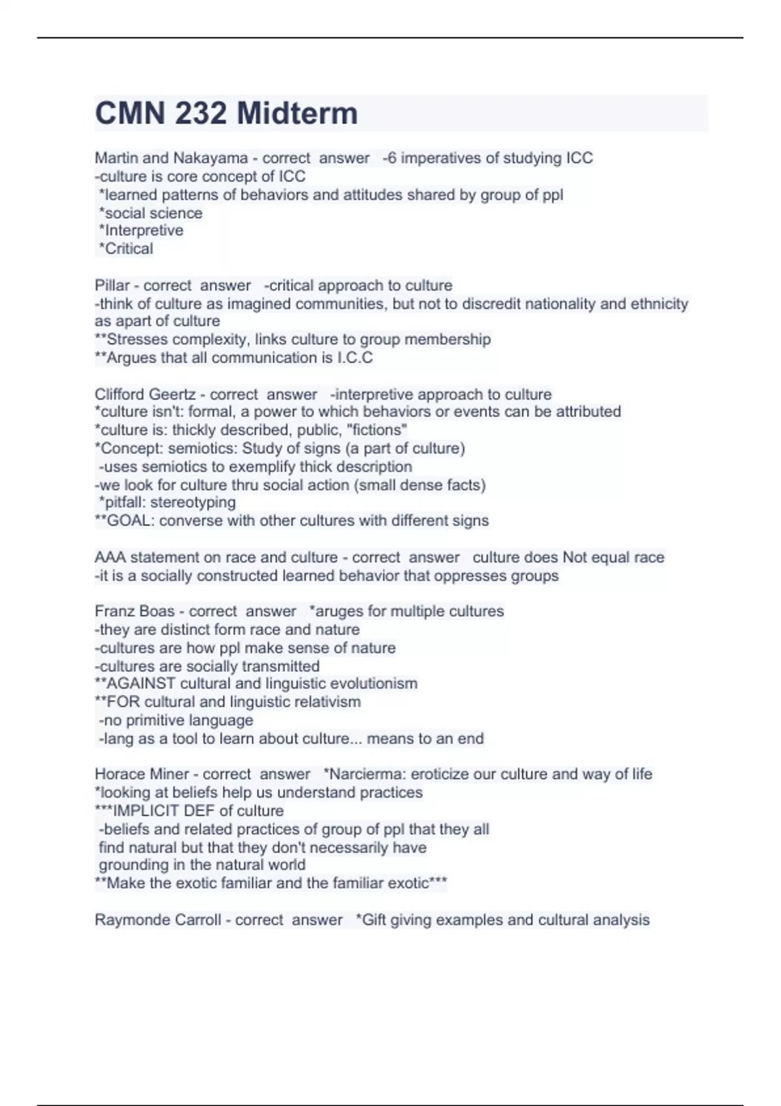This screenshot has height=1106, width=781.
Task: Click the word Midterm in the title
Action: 297,113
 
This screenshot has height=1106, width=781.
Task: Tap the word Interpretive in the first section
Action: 144,230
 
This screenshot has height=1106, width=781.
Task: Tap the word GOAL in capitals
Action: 129,520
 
